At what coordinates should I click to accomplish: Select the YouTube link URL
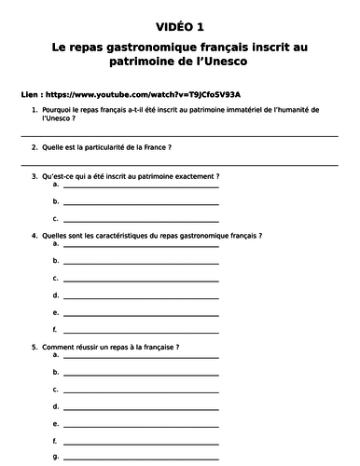click(x=139, y=94)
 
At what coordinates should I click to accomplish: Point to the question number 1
click(x=35, y=110)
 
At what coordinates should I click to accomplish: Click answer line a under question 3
click(x=140, y=186)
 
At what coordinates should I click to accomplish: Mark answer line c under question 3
click(x=140, y=220)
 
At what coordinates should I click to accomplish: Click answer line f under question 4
click(x=140, y=331)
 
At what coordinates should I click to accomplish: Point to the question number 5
click(x=35, y=347)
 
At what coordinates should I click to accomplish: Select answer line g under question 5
click(x=140, y=459)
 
